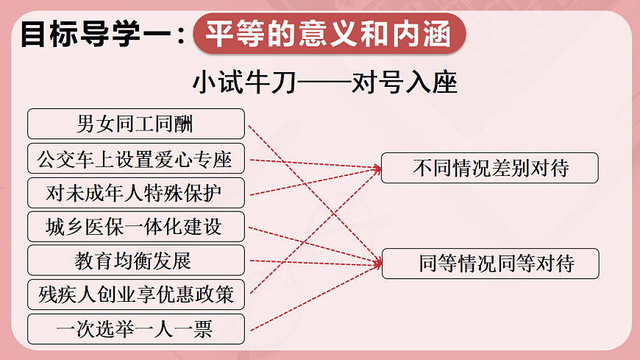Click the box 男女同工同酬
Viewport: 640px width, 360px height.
(x=135, y=124)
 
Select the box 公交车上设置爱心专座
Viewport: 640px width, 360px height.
(x=135, y=158)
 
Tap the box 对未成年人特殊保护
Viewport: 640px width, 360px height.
(x=135, y=192)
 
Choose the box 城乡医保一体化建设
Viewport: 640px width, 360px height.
(x=135, y=227)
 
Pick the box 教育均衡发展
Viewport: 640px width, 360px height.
(x=135, y=261)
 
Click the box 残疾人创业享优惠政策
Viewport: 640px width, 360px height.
(x=135, y=294)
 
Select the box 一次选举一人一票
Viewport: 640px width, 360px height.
(x=135, y=329)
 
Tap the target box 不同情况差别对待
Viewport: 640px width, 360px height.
(x=490, y=168)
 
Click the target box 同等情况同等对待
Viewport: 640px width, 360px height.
(x=490, y=263)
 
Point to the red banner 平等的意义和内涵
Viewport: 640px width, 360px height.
(x=329, y=34)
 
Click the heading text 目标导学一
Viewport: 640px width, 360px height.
(x=96, y=35)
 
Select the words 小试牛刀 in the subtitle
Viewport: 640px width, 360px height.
(x=243, y=82)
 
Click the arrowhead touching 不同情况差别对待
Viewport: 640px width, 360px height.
(x=377, y=169)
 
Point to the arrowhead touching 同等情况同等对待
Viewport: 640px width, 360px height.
(x=377, y=261)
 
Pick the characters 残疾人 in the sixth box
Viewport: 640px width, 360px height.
(x=64, y=294)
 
